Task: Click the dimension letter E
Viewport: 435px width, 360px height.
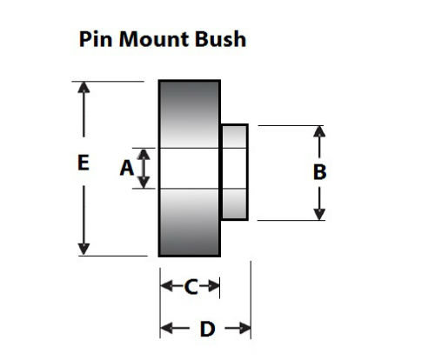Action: (83, 162)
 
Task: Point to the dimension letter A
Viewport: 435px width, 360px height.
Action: (126, 168)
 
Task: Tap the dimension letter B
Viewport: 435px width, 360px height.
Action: (319, 172)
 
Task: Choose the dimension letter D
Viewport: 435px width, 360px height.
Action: (207, 329)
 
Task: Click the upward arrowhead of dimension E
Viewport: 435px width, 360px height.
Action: (84, 88)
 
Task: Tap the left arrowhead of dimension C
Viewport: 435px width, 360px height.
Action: (165, 286)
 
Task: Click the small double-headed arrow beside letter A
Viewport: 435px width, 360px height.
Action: (144, 168)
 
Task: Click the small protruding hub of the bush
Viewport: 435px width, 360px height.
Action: (235, 171)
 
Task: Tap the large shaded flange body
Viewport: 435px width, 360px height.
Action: (189, 113)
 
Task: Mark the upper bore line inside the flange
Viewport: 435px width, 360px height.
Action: (189, 149)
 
